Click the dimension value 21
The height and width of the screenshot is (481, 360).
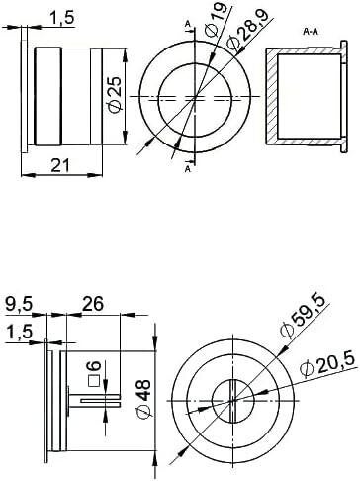(61, 165)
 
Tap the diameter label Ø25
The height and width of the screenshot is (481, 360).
(115, 96)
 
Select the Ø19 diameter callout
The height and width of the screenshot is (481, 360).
(217, 19)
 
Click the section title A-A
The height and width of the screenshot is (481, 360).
(313, 32)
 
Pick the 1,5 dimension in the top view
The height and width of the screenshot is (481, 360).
(62, 18)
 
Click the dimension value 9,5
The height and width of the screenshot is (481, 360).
(19, 305)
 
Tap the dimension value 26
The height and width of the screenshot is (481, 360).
(93, 304)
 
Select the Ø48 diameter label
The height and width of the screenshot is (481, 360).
(143, 400)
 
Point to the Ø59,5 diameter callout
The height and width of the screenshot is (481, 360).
(302, 317)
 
